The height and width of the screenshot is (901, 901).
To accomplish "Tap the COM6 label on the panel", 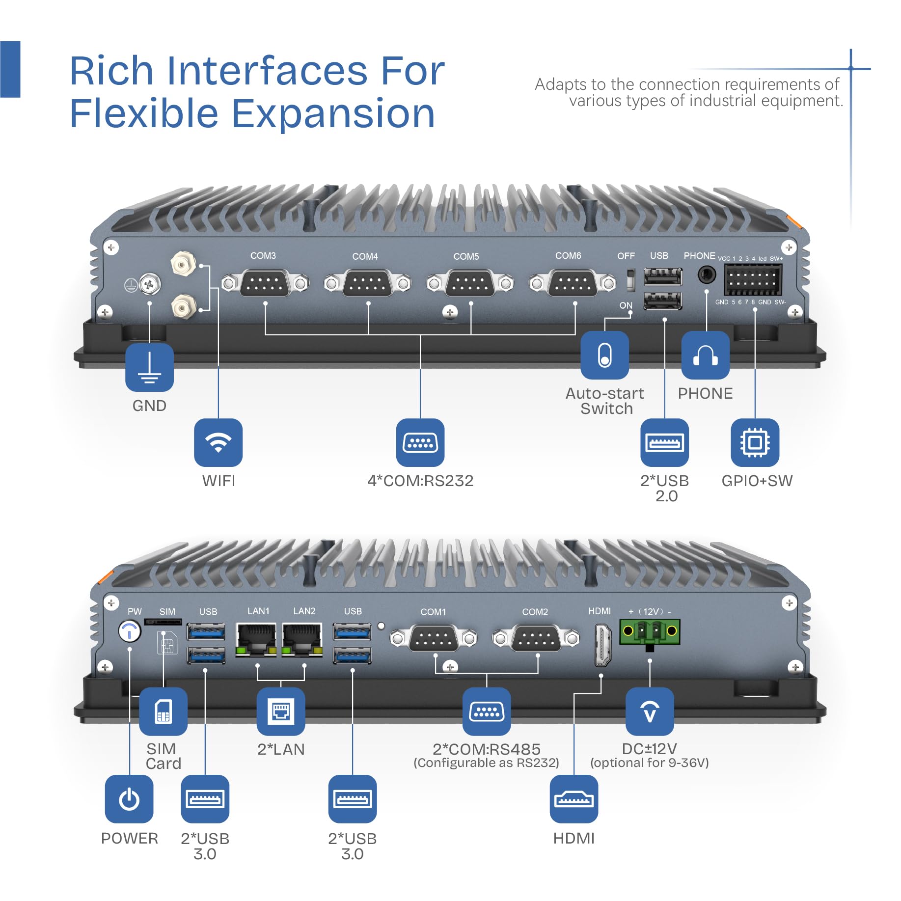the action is [568, 256].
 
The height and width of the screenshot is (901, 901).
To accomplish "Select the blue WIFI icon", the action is [218, 442].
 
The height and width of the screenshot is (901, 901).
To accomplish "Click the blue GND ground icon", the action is [149, 367].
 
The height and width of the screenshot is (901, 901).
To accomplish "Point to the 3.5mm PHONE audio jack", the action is [707, 274].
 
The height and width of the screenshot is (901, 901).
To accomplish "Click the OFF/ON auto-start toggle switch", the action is [631, 279].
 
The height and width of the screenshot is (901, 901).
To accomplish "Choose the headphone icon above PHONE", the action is [706, 355].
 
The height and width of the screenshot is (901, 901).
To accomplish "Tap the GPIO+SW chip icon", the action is [755, 442].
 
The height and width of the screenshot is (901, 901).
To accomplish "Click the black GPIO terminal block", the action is [753, 279].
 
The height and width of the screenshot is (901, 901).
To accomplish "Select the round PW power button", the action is [130, 631].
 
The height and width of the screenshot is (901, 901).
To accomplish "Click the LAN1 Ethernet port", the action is [256, 639].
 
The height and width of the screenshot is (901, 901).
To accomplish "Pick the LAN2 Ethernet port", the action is [302, 639].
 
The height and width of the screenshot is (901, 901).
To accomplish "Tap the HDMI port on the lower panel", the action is [602, 645].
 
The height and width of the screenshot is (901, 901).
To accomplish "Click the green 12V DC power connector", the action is [650, 632].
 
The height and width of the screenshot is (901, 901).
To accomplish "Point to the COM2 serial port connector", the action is [536, 638].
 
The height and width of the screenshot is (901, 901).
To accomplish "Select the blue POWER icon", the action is [129, 799].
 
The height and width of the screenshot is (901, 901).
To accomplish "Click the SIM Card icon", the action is [164, 711].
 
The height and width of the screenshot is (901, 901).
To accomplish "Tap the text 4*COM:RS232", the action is [420, 481].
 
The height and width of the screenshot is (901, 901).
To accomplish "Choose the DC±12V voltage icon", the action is [650, 711].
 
